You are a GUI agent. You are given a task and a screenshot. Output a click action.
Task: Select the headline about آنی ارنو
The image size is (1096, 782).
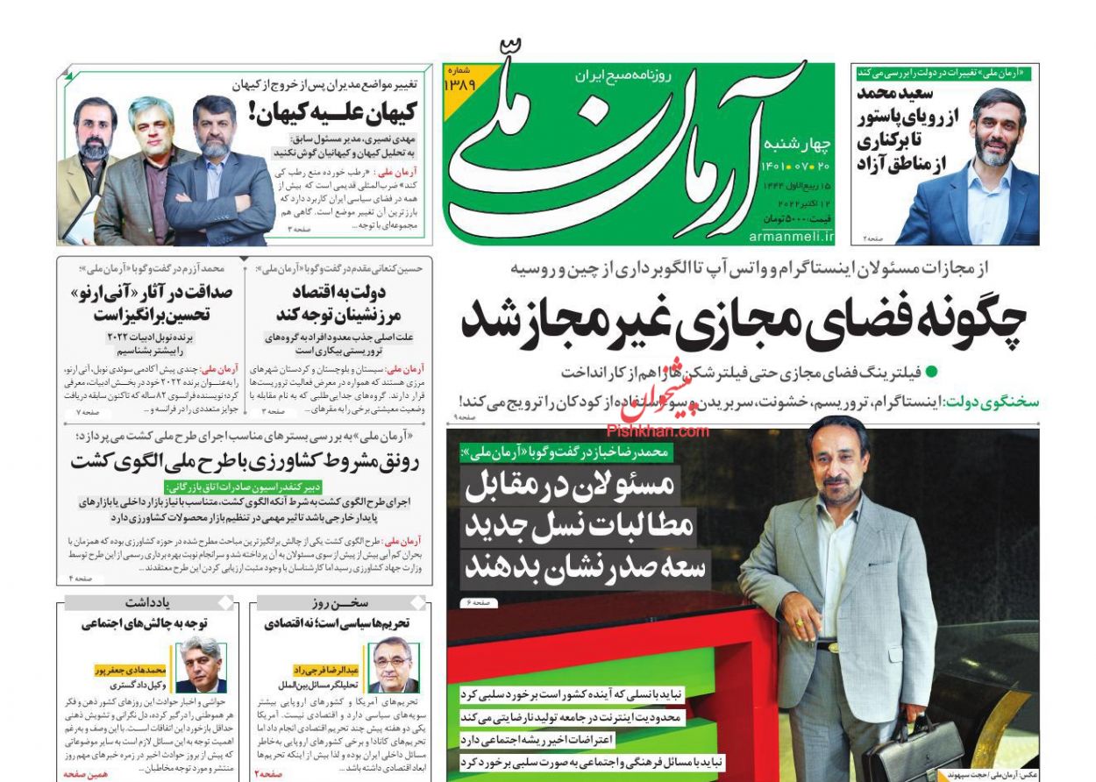tap(140, 303)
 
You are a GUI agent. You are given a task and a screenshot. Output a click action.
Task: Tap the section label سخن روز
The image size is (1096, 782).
tap(339, 603)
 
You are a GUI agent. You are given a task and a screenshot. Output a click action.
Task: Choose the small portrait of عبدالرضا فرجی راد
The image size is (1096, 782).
tap(392, 666)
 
